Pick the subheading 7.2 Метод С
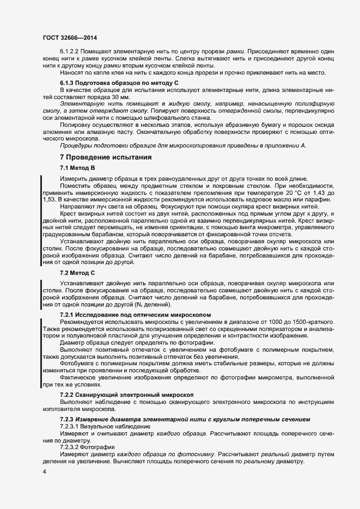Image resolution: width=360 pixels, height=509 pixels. click(x=78, y=272)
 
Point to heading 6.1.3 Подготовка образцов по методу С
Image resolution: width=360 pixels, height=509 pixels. click(x=119, y=82)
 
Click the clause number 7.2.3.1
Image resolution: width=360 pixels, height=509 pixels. click(x=72, y=427)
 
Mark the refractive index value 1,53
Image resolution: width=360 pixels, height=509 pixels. click(x=50, y=200)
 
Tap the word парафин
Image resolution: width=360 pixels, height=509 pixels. click(x=314, y=200)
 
